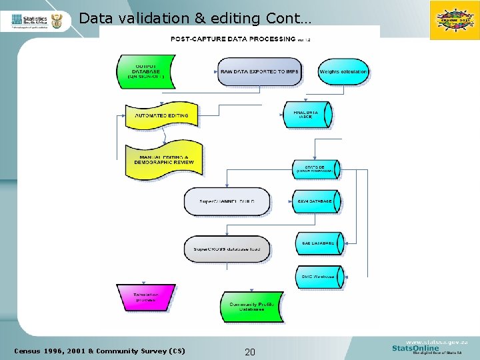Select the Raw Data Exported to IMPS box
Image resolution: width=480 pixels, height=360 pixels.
[259, 72]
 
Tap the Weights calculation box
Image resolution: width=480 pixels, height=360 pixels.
[343, 72]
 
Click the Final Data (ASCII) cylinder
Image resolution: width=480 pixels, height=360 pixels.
[307, 115]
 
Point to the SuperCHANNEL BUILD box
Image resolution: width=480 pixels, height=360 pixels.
[227, 201]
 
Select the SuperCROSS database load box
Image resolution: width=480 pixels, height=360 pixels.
[227, 249]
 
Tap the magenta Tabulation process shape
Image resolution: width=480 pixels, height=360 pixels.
[145, 297]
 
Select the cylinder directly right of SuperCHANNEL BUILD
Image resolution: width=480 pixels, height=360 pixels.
[317, 201]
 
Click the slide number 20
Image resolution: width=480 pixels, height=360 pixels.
[250, 352]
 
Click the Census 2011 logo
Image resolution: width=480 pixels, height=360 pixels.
[455, 20]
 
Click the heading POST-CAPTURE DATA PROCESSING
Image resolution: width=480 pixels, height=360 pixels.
[233, 39]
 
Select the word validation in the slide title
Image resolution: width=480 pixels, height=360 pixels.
[148, 18]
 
